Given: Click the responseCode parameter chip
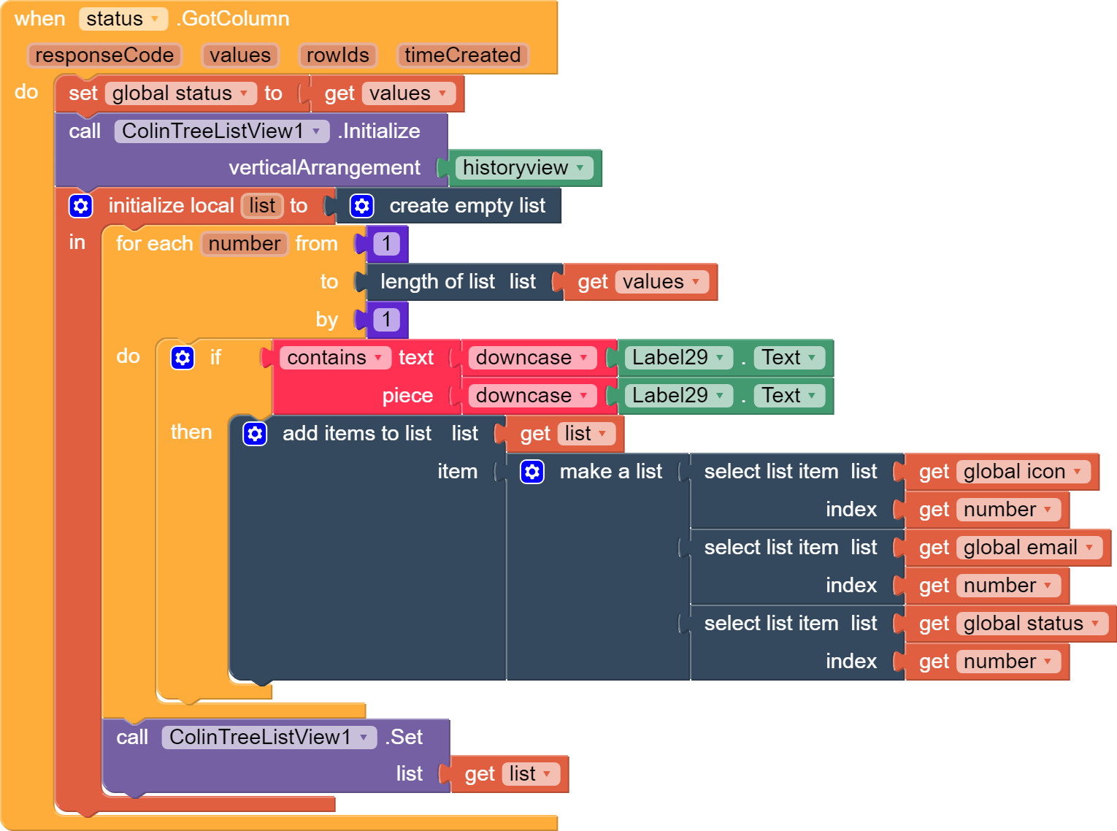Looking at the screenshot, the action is [x=104, y=55].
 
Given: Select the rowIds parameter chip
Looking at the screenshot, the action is [x=337, y=55].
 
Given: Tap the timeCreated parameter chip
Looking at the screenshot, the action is [x=462, y=55].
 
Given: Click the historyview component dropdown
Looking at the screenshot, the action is [x=523, y=167].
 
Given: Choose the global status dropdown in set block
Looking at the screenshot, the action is [x=180, y=93].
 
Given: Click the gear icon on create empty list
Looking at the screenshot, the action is [x=361, y=206].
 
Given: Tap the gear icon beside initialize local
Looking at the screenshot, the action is [x=80, y=206].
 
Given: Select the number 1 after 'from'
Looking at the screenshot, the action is [x=386, y=244].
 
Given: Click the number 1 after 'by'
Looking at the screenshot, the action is [x=386, y=320].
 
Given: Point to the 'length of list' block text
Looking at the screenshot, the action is [x=437, y=282].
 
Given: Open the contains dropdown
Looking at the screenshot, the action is [x=335, y=358].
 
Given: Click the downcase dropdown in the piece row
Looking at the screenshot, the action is [x=532, y=396].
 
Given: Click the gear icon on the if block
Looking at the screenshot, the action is [x=183, y=358].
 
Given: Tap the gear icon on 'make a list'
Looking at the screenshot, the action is [x=531, y=472].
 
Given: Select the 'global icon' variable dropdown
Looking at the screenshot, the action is [x=1023, y=472].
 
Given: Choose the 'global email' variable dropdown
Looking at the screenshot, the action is [x=1029, y=547].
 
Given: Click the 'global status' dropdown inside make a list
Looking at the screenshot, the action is [x=1032, y=624].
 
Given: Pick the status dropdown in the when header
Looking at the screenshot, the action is [x=123, y=19].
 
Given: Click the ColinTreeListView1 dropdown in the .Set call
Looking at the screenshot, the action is [x=269, y=738].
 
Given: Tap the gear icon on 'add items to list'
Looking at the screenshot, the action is [x=255, y=433].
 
